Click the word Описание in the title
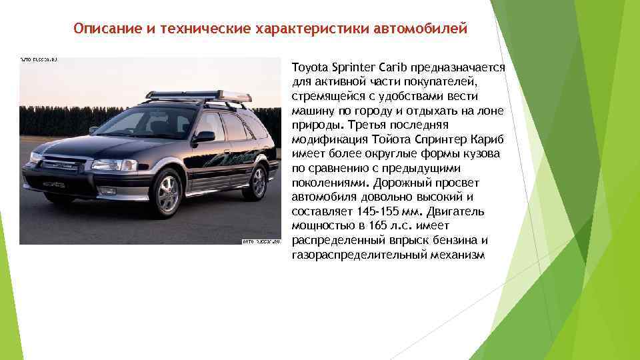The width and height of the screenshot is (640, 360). [x=103, y=29]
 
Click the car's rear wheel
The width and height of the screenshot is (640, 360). [x=255, y=181]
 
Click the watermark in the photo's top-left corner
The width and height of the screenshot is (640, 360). [x=39, y=60]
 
